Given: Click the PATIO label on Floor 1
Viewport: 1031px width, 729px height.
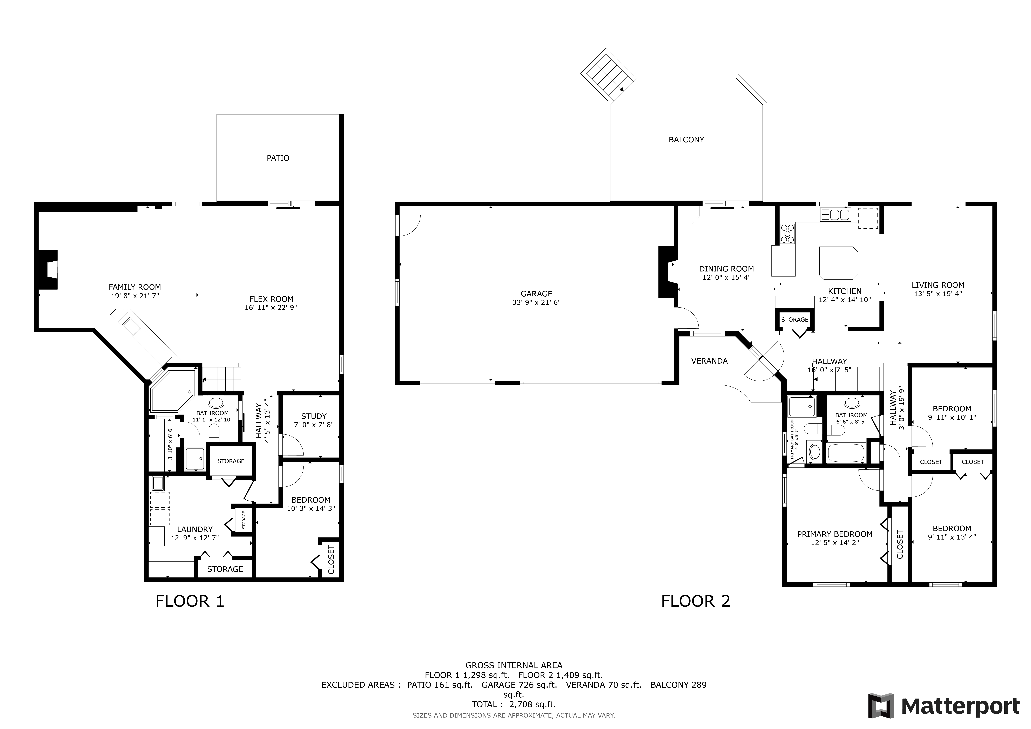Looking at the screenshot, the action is [278, 158].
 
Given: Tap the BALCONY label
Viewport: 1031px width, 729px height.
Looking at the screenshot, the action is [686, 140].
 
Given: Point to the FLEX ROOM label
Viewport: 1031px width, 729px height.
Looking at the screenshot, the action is [271, 299].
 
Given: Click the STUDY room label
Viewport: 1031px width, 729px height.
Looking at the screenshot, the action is [314, 416].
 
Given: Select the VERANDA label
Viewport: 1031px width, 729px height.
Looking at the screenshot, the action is [710, 361].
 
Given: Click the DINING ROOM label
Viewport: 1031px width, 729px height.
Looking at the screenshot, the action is [726, 269].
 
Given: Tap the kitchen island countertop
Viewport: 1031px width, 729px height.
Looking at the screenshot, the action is [838, 263].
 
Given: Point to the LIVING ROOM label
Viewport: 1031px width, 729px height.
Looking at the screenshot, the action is [938, 285].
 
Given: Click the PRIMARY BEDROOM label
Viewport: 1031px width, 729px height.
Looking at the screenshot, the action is [835, 534].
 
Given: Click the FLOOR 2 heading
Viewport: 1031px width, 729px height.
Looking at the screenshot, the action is [696, 601].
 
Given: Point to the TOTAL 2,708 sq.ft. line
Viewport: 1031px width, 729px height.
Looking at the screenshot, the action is [514, 704].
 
